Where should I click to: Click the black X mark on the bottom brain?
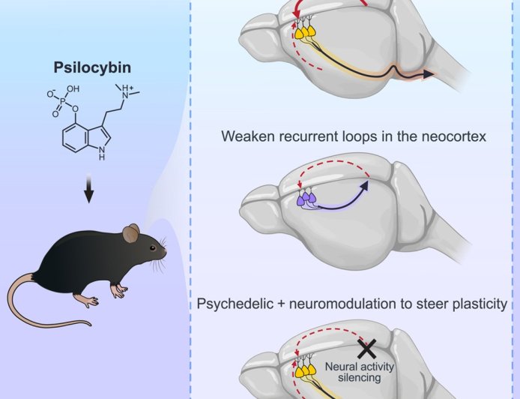click(x=366, y=347)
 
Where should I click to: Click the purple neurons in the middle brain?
click(x=307, y=200)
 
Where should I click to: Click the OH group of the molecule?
click(x=73, y=88)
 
